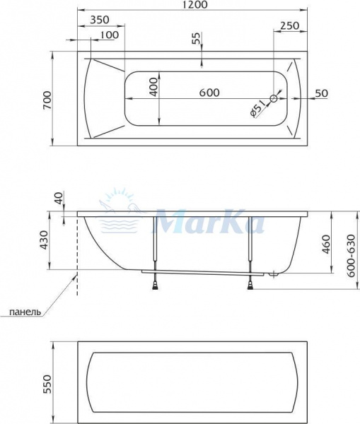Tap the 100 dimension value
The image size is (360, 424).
(x=108, y=35)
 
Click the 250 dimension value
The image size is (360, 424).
(x=289, y=25)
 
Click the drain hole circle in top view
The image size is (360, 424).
(x=275, y=100)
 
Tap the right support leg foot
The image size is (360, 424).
(x=250, y=285)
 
